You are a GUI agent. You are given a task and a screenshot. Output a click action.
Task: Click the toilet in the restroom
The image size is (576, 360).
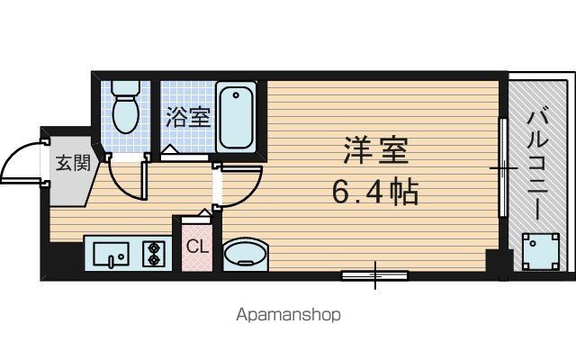(126, 107)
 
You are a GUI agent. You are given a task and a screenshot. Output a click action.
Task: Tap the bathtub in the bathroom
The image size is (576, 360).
(236, 117)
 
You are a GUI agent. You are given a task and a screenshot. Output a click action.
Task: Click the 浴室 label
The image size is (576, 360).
(188, 117)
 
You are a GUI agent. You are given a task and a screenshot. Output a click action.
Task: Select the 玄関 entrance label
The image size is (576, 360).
(73, 163)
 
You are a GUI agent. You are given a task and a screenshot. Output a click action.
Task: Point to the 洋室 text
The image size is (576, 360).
(376, 150)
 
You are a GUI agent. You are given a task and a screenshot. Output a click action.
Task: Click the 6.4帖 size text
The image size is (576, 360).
(375, 192)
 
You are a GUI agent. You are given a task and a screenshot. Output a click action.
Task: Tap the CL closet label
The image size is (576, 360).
(197, 247)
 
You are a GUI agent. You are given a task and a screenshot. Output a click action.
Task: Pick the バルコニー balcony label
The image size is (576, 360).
(537, 166)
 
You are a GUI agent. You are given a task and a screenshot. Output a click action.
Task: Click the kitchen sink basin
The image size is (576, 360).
(111, 254)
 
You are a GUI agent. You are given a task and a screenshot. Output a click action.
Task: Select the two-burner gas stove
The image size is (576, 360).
(154, 254)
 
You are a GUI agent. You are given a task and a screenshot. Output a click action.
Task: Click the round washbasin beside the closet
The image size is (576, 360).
(246, 255)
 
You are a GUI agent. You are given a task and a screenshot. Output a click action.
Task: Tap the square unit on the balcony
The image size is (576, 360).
(541, 252)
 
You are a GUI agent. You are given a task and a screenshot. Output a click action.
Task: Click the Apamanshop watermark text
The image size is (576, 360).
(288, 315)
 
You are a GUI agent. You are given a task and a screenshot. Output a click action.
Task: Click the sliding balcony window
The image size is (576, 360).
(503, 167)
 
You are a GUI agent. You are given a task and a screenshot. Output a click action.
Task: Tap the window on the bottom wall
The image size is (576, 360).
(374, 275)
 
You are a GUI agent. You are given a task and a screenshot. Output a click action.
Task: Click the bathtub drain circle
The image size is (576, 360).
(236, 95)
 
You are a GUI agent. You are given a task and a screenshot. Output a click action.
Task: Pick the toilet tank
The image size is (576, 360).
(126, 88)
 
